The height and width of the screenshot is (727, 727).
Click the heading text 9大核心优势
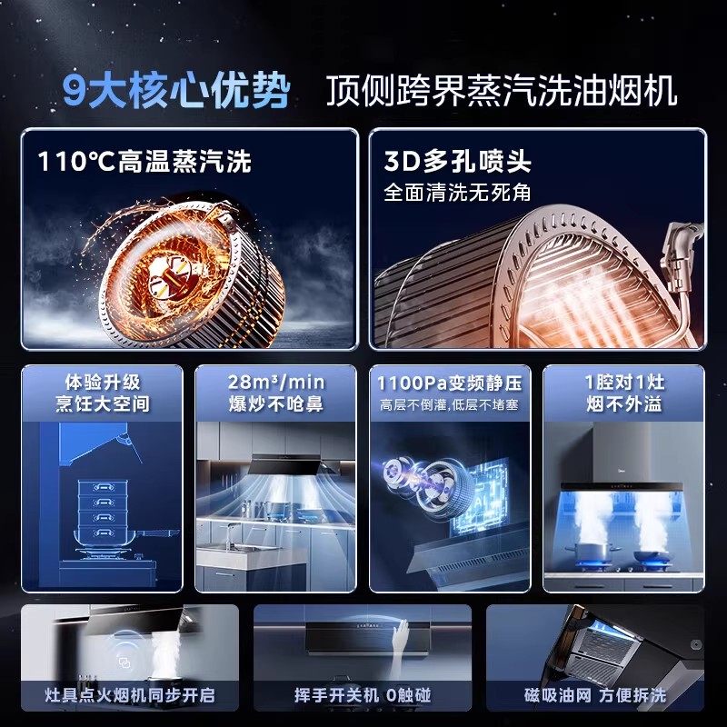[x=177, y=91]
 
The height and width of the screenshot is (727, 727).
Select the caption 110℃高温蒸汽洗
[x=144, y=162]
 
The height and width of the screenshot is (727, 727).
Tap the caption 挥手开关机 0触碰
[x=362, y=696]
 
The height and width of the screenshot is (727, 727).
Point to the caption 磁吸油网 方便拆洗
[x=594, y=696]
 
